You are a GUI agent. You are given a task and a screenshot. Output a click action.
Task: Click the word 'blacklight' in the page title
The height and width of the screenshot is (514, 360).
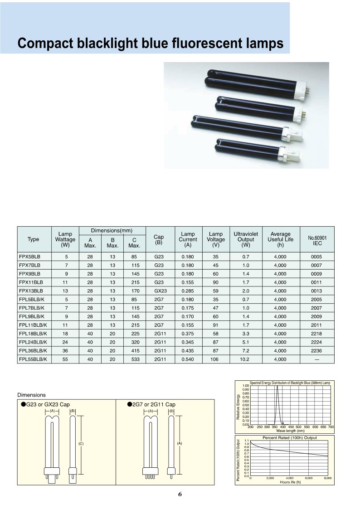click(114, 44)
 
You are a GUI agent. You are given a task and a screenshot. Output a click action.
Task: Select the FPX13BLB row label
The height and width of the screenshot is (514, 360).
click(31, 291)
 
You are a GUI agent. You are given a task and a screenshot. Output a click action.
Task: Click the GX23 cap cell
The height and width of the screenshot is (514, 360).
click(159, 291)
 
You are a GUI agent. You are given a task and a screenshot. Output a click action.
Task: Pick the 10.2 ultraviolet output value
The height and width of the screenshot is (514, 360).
click(246, 359)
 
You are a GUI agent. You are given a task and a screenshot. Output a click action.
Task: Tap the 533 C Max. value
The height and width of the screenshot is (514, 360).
click(134, 359)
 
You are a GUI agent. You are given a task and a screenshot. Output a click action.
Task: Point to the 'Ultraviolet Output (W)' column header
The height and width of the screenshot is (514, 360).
click(246, 239)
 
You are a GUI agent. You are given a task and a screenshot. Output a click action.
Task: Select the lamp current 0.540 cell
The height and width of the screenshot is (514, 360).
click(188, 359)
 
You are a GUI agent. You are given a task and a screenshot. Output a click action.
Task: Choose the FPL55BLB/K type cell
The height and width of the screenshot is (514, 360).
click(34, 359)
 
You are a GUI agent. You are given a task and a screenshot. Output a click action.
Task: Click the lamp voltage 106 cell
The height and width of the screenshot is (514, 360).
click(215, 359)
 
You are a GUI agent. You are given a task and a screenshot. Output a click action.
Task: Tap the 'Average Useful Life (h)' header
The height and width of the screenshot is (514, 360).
click(280, 239)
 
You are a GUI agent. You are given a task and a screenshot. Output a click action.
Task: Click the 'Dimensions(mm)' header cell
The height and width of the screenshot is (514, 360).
click(112, 231)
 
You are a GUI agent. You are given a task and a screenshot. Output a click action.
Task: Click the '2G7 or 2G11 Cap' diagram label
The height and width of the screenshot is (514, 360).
click(154, 404)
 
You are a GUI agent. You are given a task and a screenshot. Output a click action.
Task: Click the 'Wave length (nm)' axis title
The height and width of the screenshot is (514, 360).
click(290, 431)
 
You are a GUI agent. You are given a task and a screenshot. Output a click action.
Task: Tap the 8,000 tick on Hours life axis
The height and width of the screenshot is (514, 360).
click(327, 478)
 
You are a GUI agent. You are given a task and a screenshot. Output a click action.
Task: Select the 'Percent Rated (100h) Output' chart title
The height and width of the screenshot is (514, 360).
click(290, 437)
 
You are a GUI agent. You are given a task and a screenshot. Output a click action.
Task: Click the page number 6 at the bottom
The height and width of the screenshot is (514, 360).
click(180, 494)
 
